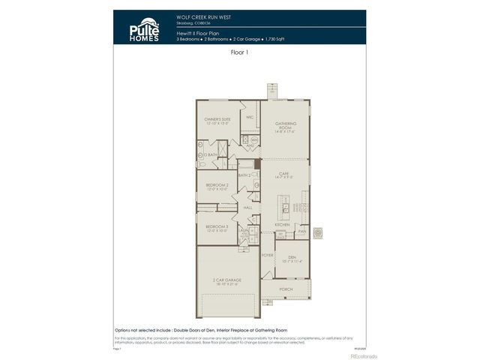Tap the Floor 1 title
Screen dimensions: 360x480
click(240, 54)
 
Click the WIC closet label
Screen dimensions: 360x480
click(250, 118)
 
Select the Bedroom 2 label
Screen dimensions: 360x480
click(217, 186)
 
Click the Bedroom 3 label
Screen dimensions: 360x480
click(217, 228)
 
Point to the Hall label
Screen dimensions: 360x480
click(247, 208)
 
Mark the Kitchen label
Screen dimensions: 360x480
click(281, 225)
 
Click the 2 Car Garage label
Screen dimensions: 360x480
click(227, 283)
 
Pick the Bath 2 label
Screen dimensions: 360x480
click(244, 175)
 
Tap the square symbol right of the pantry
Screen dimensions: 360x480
click(318, 232)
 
